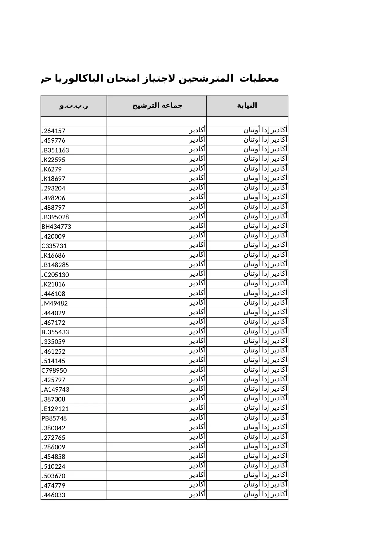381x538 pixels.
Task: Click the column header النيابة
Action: (247, 106)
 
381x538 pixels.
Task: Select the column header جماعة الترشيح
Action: (157, 106)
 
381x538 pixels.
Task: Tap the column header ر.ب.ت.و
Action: (74, 106)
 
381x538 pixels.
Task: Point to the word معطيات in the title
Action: (259, 79)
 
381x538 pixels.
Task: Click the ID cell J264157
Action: (54, 131)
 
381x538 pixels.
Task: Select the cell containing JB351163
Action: (55, 150)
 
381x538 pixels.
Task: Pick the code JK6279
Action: (52, 169)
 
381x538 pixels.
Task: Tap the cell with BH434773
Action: (56, 227)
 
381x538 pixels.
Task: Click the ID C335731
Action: (54, 246)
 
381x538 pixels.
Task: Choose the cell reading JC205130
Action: (55, 275)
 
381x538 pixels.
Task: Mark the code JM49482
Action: (55, 303)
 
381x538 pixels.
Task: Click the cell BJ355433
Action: (55, 332)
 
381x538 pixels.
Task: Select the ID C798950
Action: (54, 371)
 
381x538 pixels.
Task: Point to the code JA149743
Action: (56, 390)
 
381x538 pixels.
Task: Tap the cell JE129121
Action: (55, 409)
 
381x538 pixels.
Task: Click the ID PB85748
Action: (54, 418)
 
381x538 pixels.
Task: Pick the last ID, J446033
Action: (54, 495)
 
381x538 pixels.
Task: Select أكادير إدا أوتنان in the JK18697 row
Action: (266, 178)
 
